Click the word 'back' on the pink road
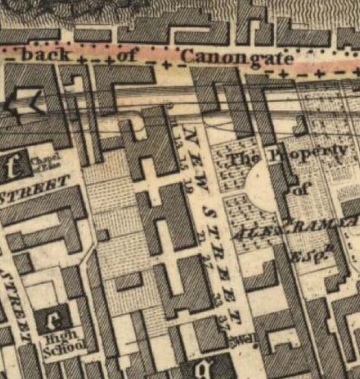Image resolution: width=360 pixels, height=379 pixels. (47, 55)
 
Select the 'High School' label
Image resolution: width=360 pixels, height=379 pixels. (65, 340)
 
